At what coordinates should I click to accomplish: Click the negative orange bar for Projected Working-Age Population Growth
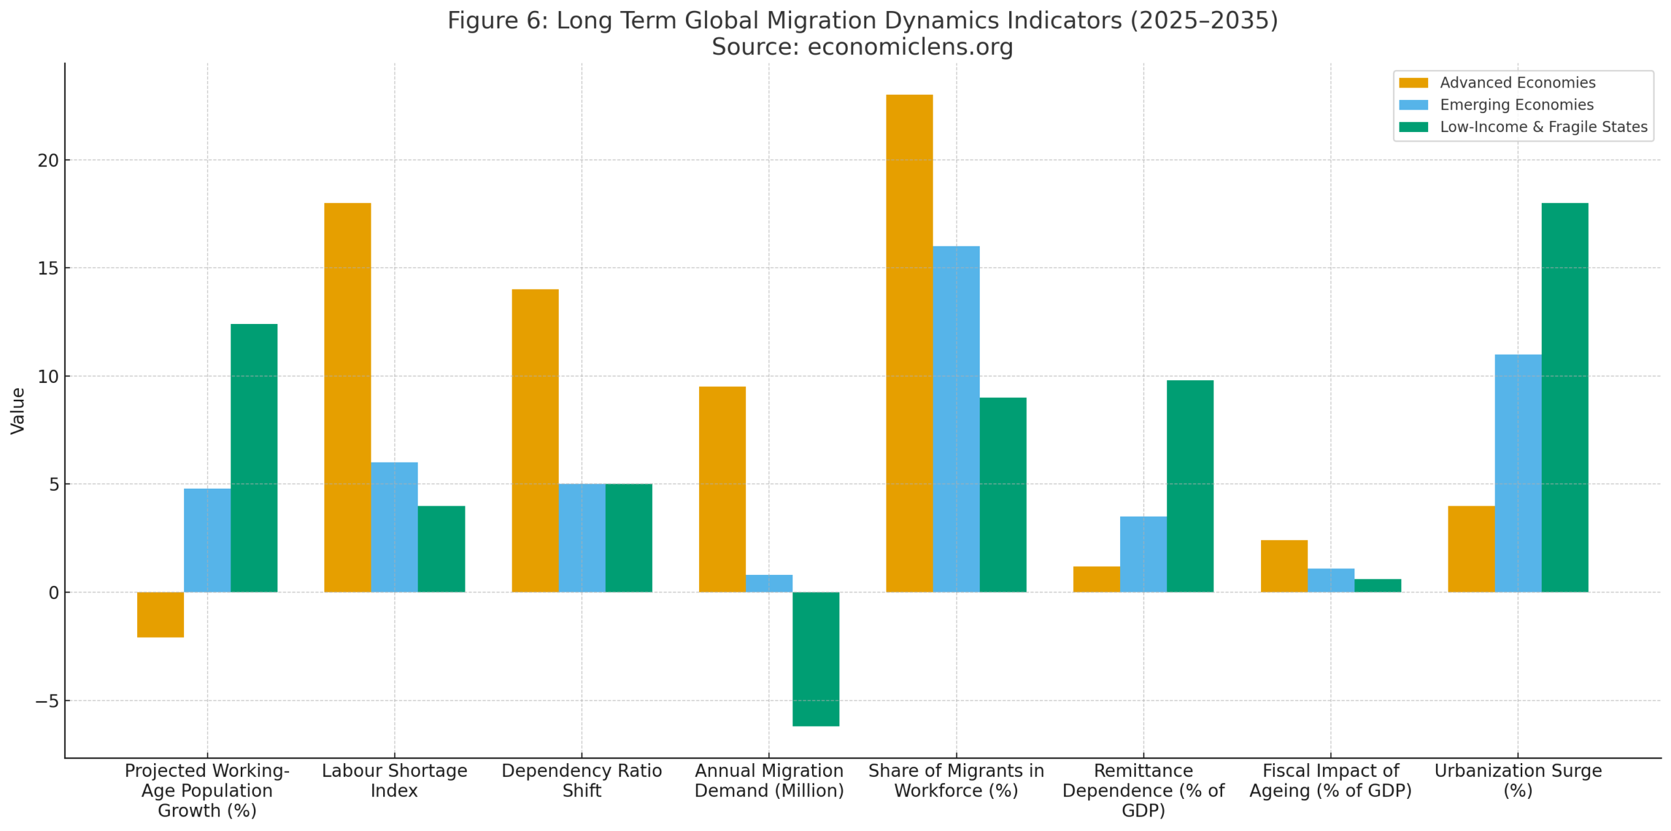[x=160, y=614]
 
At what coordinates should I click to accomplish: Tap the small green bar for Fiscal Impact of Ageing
[x=1377, y=585]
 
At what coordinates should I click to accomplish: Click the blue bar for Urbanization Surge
[x=1517, y=473]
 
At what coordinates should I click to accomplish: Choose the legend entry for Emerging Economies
[x=1516, y=105]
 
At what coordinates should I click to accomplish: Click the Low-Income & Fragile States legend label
[x=1543, y=127]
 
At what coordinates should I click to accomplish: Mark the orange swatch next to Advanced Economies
[x=1413, y=83]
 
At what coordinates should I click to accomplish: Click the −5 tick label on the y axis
[x=47, y=701]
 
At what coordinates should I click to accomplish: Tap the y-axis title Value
[x=18, y=410]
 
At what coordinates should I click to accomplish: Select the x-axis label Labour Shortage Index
[x=394, y=780]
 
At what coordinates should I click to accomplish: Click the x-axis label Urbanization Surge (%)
[x=1518, y=780]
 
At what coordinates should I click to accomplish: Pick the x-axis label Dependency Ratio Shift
[x=582, y=780]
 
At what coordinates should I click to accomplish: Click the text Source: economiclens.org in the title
[x=862, y=47]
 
